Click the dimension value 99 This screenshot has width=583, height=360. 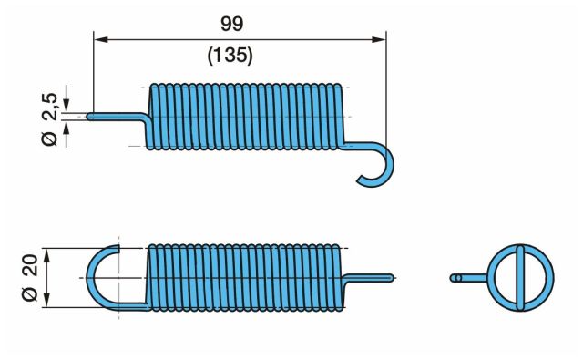232,24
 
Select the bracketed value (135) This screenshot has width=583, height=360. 230,56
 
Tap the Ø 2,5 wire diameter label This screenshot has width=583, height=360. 50,119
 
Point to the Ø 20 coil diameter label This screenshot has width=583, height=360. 30,277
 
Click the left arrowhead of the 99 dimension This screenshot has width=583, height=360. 101,39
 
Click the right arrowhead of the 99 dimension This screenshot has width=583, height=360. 379,39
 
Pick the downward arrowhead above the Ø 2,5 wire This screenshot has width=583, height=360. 66,104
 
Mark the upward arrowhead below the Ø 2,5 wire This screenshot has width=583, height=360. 66,129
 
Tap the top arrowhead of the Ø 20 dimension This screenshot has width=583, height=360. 46,256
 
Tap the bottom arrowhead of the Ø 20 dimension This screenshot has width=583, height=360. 46,300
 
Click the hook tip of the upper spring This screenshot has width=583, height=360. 360,180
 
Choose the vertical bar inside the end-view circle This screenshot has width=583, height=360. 520,277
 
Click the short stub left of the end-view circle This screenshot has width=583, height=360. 468,278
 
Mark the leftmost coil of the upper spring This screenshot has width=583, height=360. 152,118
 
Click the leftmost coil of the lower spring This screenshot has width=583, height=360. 151,277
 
